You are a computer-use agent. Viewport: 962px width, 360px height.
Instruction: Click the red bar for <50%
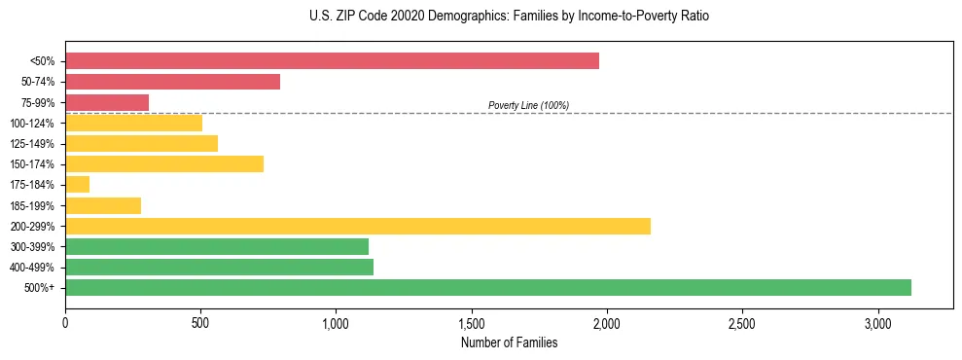tap(332, 60)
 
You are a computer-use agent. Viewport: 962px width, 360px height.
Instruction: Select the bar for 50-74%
tap(172, 82)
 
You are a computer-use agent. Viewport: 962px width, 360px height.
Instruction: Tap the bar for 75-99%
tap(107, 102)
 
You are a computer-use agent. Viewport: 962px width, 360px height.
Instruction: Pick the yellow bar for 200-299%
tap(357, 226)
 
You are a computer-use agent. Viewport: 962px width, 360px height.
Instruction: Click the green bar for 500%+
tap(487, 287)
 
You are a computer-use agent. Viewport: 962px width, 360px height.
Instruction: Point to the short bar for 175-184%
tap(77, 184)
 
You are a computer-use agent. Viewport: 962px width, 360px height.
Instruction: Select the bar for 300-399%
tap(217, 246)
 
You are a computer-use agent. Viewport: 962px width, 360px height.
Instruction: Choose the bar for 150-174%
tap(164, 163)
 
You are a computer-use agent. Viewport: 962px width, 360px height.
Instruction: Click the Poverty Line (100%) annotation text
tap(528, 105)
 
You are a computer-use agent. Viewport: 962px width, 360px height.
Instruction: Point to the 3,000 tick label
tap(877, 322)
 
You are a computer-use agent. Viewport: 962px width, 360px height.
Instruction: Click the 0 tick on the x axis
tap(65, 322)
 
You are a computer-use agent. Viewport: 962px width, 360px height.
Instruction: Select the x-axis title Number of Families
tap(509, 342)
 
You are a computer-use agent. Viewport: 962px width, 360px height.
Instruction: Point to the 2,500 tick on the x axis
tap(742, 322)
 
